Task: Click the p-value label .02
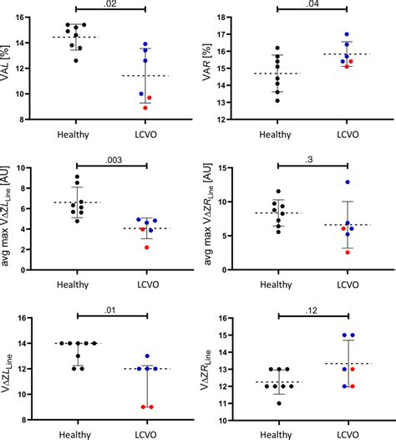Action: pyautogui.click(x=112, y=5)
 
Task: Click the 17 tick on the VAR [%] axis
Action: pyautogui.click(x=231, y=35)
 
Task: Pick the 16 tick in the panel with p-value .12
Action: pyautogui.click(x=231, y=318)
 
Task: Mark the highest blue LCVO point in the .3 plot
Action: pyautogui.click(x=346, y=182)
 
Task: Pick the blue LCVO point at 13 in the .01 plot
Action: pyautogui.click(x=148, y=356)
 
